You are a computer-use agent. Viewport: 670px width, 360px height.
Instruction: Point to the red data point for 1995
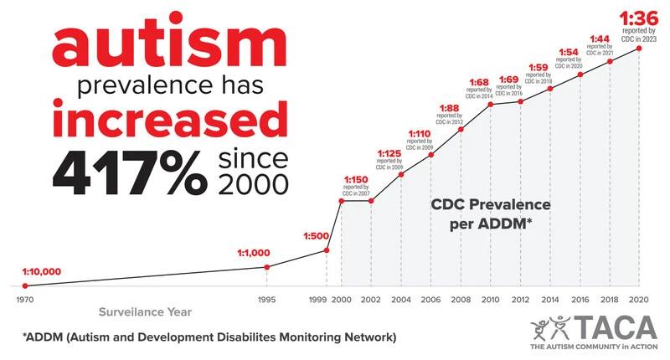[x=266, y=267]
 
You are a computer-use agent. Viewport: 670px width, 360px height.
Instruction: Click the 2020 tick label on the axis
[x=640, y=299]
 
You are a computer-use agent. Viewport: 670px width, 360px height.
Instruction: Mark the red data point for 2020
[x=640, y=49]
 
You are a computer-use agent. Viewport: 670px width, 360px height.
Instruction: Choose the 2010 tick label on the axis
[x=490, y=299]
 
